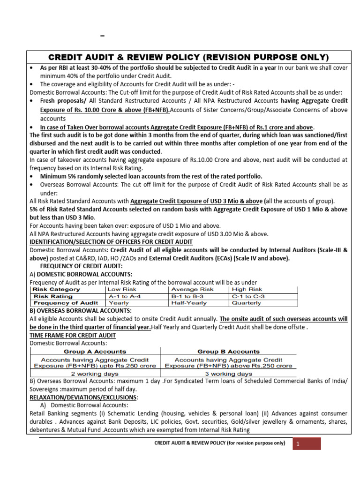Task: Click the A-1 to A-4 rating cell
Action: tap(124, 296)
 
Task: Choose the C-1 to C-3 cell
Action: tap(249, 296)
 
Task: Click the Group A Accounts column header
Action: tap(95, 351)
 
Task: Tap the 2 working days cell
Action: tap(95, 374)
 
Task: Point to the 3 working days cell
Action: tap(228, 374)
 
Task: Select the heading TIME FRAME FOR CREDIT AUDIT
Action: tap(72, 336)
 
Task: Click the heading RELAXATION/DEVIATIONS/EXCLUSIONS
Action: tap(83, 397)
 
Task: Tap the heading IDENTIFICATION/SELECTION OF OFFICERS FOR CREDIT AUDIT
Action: tap(111, 241)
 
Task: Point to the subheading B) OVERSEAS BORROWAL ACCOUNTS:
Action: tap(81, 310)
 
